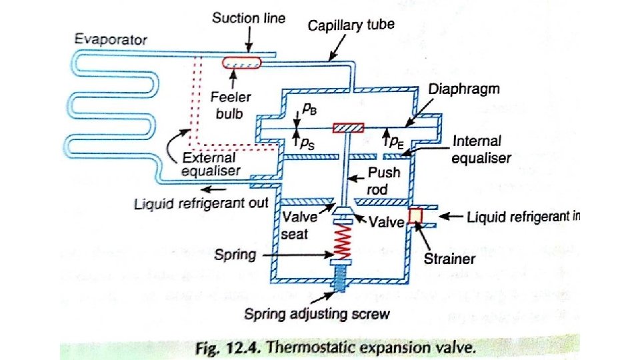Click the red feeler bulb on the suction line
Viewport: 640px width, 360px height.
point(242,62)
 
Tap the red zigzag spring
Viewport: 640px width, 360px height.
point(343,241)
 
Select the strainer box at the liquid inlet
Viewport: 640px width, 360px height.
point(416,217)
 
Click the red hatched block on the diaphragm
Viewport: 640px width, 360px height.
point(347,127)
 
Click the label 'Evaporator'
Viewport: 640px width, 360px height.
point(111,39)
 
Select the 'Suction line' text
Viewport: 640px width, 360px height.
point(249,18)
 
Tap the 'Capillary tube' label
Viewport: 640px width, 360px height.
point(351,25)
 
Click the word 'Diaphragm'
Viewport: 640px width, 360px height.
point(465,88)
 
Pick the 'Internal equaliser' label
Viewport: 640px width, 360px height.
point(482,150)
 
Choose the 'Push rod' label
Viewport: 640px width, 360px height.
point(385,181)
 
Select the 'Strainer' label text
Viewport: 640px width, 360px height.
point(451,259)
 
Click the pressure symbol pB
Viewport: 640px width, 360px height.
point(310,112)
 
